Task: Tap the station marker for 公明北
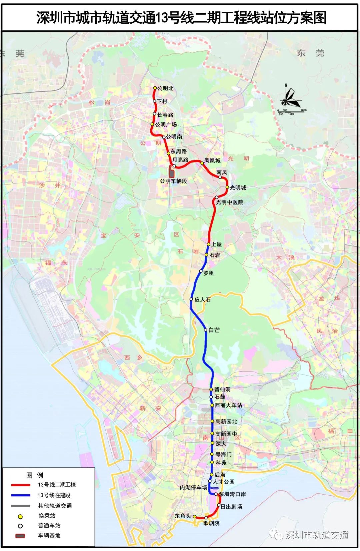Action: [155, 88]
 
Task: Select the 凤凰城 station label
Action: [212, 160]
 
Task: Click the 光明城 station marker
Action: [227, 187]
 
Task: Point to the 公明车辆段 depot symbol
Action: [172, 172]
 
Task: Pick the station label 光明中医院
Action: [229, 202]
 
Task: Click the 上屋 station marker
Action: [209, 244]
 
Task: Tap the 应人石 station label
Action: [203, 300]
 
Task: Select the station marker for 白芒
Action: [206, 330]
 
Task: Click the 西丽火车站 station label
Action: [229, 405]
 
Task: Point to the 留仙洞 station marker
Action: [211, 389]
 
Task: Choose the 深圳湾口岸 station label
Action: [232, 494]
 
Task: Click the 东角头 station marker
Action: [195, 517]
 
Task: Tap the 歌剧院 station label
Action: [211, 523]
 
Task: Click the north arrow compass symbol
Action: [290, 98]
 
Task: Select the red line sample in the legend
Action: [21, 485]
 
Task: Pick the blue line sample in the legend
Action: [21, 495]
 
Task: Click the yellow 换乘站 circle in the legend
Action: [20, 516]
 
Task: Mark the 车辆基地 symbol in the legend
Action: [20, 536]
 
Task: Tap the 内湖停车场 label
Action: [194, 488]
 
